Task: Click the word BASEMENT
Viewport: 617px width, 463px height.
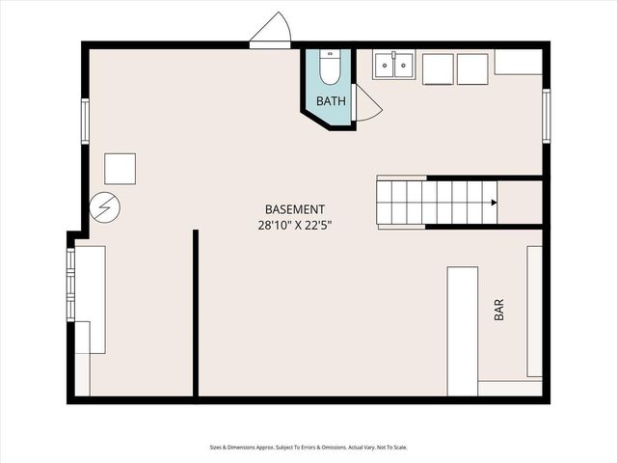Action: (295, 209)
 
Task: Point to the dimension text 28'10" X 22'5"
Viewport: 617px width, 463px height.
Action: (302, 225)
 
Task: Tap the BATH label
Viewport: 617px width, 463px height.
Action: (331, 100)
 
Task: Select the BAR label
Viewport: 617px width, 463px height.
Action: (498, 311)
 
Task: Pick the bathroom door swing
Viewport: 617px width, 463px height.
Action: (366, 103)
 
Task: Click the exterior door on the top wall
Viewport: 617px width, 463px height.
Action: (271, 32)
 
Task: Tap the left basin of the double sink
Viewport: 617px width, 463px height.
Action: (383, 65)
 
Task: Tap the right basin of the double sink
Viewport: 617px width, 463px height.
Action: (403, 65)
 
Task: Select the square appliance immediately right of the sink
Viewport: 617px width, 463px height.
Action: (438, 68)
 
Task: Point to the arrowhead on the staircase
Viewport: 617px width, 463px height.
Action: (494, 203)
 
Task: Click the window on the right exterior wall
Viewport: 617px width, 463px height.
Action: (547, 115)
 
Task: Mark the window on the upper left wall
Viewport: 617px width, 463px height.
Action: (85, 122)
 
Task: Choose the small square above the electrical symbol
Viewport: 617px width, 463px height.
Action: (121, 168)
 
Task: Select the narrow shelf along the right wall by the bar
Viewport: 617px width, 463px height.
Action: (534, 312)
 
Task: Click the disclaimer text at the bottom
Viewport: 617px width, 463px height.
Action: (308, 448)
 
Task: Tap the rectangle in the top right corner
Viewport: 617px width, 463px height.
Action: (519, 63)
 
